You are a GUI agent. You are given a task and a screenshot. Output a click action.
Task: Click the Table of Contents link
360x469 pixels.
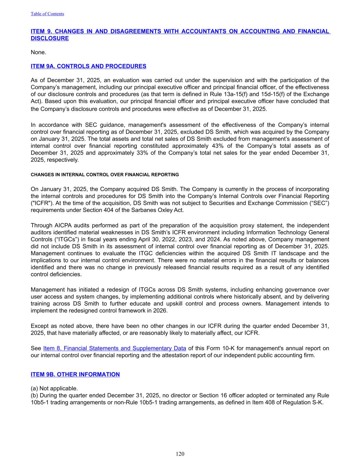coord(47,14)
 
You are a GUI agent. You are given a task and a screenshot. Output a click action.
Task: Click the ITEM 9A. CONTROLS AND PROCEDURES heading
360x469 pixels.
coord(88,66)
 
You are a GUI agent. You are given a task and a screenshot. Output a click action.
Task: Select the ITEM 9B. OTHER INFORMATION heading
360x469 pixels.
coord(75,375)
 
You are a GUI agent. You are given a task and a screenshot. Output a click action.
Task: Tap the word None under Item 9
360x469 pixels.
coord(38,52)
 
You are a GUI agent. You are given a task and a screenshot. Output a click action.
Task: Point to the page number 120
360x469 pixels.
coord(180,454)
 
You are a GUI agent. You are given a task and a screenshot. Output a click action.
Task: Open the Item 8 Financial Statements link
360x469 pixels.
coord(115,348)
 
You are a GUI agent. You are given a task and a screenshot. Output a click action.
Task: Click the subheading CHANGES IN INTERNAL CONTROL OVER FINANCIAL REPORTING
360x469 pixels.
coord(105,175)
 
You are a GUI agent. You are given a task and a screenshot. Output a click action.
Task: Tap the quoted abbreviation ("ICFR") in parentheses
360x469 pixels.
coord(41,203)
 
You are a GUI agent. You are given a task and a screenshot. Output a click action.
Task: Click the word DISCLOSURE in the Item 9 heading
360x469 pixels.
coord(50,38)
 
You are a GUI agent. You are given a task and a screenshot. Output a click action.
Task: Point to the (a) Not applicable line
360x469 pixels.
coord(54,388)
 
